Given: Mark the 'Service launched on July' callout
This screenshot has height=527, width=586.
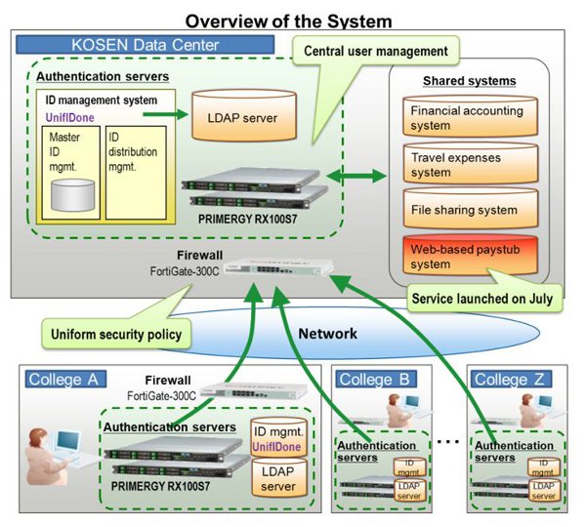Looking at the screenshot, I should (x=483, y=299).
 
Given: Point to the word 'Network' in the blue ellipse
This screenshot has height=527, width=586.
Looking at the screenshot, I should (x=326, y=334).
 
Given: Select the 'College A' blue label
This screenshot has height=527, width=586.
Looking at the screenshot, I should (x=64, y=379).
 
